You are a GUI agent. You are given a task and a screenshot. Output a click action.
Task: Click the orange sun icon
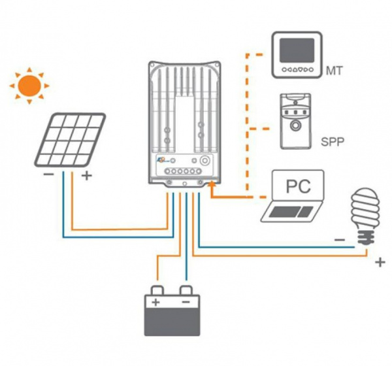(29, 85)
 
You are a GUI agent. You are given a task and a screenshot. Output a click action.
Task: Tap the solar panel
(70, 140)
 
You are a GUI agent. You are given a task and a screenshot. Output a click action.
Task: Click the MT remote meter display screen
(296, 50)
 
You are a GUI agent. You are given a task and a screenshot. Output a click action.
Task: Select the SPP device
(296, 122)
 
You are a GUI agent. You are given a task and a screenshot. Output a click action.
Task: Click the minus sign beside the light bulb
(340, 240)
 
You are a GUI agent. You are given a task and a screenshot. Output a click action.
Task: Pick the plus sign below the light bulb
(380, 263)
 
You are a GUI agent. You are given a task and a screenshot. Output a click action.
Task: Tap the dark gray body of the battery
(171, 322)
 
